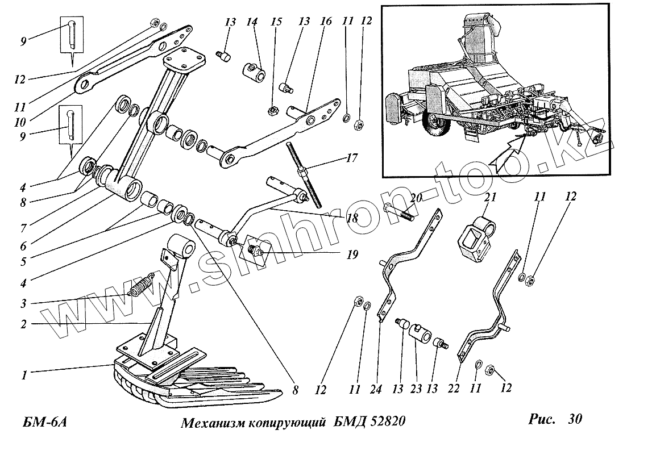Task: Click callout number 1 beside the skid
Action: tap(24, 374)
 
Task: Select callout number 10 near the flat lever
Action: tap(21, 122)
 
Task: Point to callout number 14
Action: tap(252, 22)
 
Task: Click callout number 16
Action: tap(325, 22)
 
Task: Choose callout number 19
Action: tap(352, 255)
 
